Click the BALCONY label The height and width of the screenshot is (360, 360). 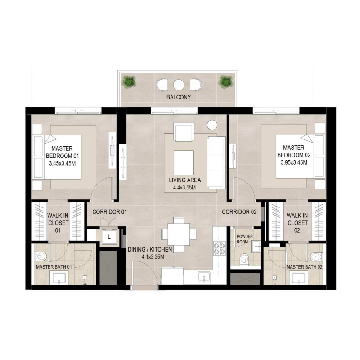[x=179, y=97]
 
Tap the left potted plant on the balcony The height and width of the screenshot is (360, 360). [x=130, y=82]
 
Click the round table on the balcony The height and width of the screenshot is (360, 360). [x=179, y=85]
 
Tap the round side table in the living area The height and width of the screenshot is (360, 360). [x=211, y=125]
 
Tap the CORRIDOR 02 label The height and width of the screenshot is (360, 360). [x=239, y=211]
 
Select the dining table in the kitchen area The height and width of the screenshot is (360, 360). [x=179, y=234]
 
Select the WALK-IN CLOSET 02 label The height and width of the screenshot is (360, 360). [x=297, y=223]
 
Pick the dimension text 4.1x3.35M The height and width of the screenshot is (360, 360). [x=149, y=257]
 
